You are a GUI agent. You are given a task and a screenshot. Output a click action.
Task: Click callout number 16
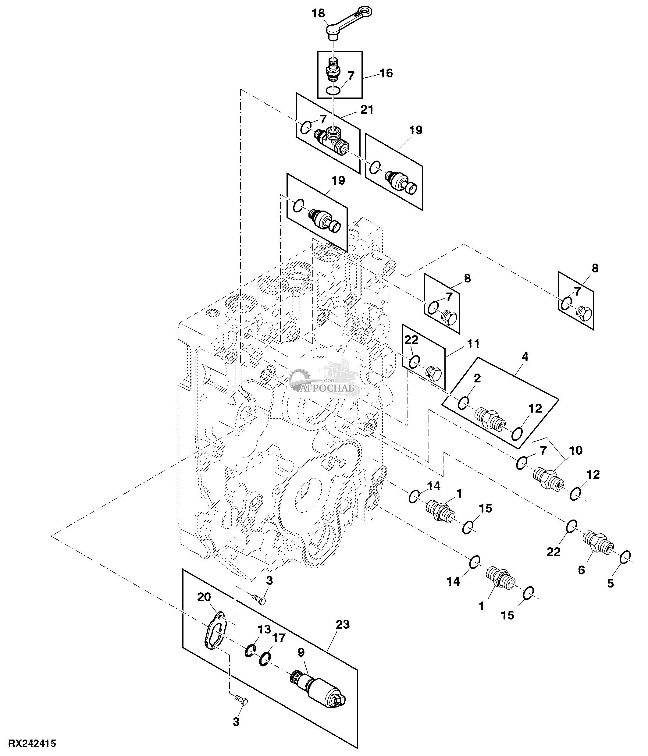[x=386, y=73]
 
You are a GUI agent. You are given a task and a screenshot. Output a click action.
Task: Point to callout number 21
[x=367, y=109]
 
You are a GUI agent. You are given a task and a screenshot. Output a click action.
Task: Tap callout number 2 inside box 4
[x=477, y=378]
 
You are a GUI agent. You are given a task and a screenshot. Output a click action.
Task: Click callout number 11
[x=473, y=344]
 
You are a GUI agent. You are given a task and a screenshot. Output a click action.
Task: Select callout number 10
[x=576, y=450]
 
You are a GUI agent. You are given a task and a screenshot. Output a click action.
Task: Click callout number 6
[x=582, y=570]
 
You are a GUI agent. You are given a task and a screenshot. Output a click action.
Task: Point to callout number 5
[x=611, y=583]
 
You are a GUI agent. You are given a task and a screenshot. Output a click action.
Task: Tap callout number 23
[x=343, y=625]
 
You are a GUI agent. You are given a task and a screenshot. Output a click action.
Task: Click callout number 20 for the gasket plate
[x=204, y=597]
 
